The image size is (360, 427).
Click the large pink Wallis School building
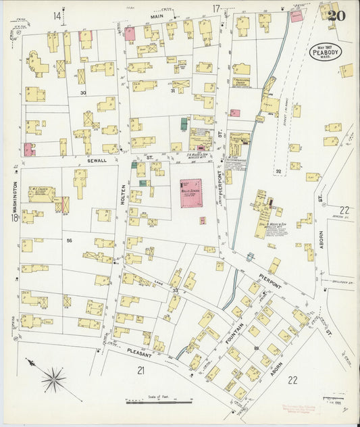tap(195, 192)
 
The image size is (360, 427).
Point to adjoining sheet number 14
tap(58, 15)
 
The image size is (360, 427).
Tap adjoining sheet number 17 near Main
tap(215, 9)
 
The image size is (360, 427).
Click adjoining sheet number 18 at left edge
tap(14, 218)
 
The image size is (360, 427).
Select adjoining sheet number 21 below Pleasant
tap(140, 370)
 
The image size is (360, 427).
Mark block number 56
tap(69, 241)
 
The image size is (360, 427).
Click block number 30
tap(83, 93)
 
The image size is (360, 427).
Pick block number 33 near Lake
tap(176, 290)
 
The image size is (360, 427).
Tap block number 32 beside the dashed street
tap(278, 172)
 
